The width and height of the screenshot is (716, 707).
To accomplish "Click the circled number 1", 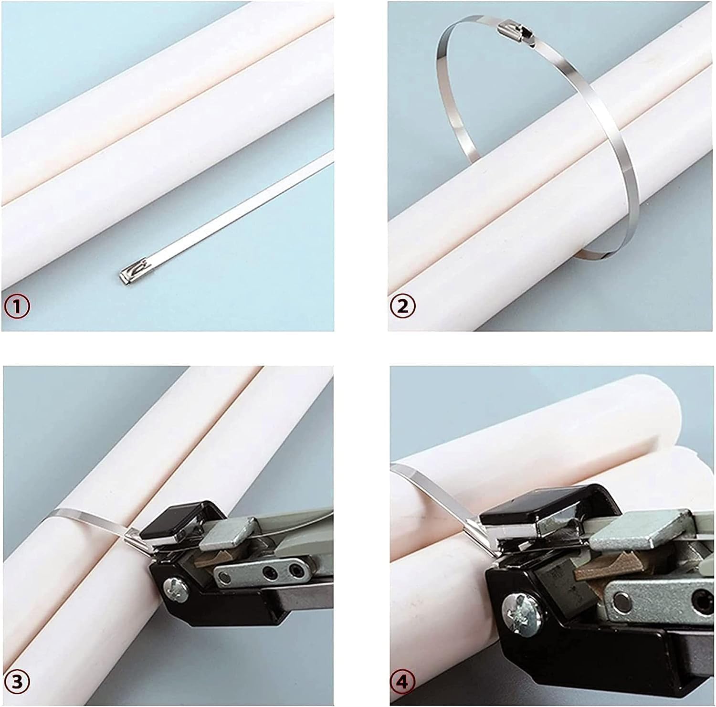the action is [x=17, y=306].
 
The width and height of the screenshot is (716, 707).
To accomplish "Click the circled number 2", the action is [x=403, y=306].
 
